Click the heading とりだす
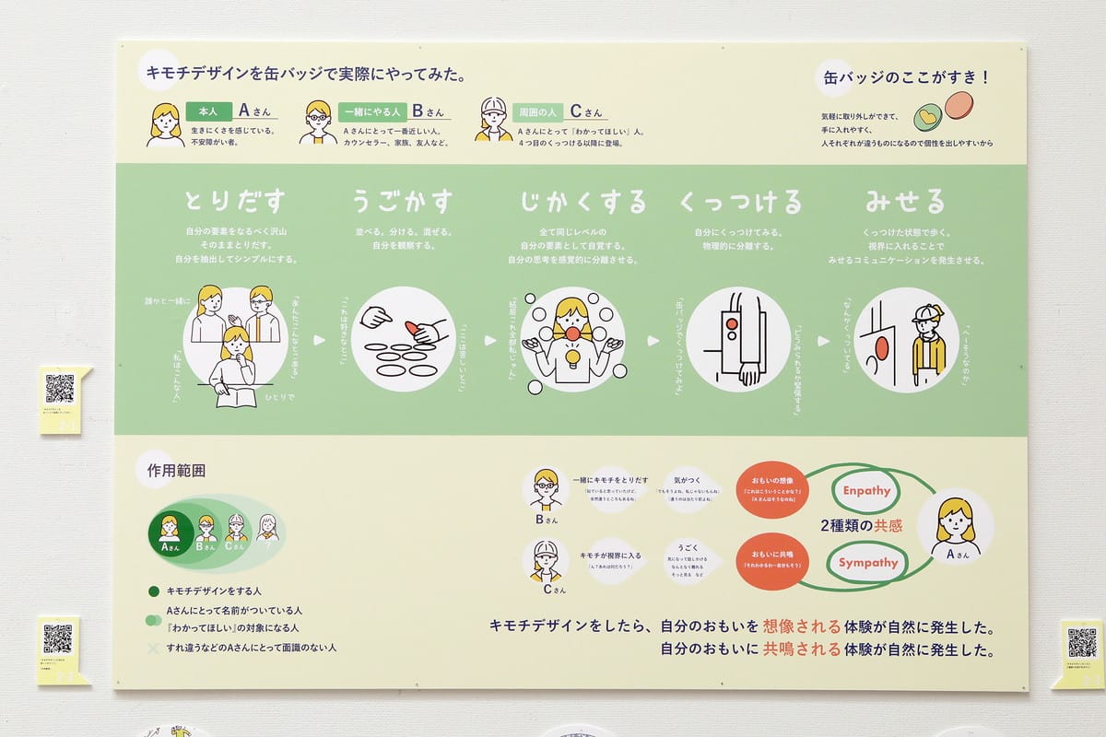click(235, 200)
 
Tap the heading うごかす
click(403, 200)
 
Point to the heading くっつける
click(740, 201)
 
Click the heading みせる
click(905, 200)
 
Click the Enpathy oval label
click(866, 491)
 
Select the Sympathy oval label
click(868, 562)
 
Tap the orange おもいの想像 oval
click(772, 489)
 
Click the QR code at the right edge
click(1082, 642)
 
